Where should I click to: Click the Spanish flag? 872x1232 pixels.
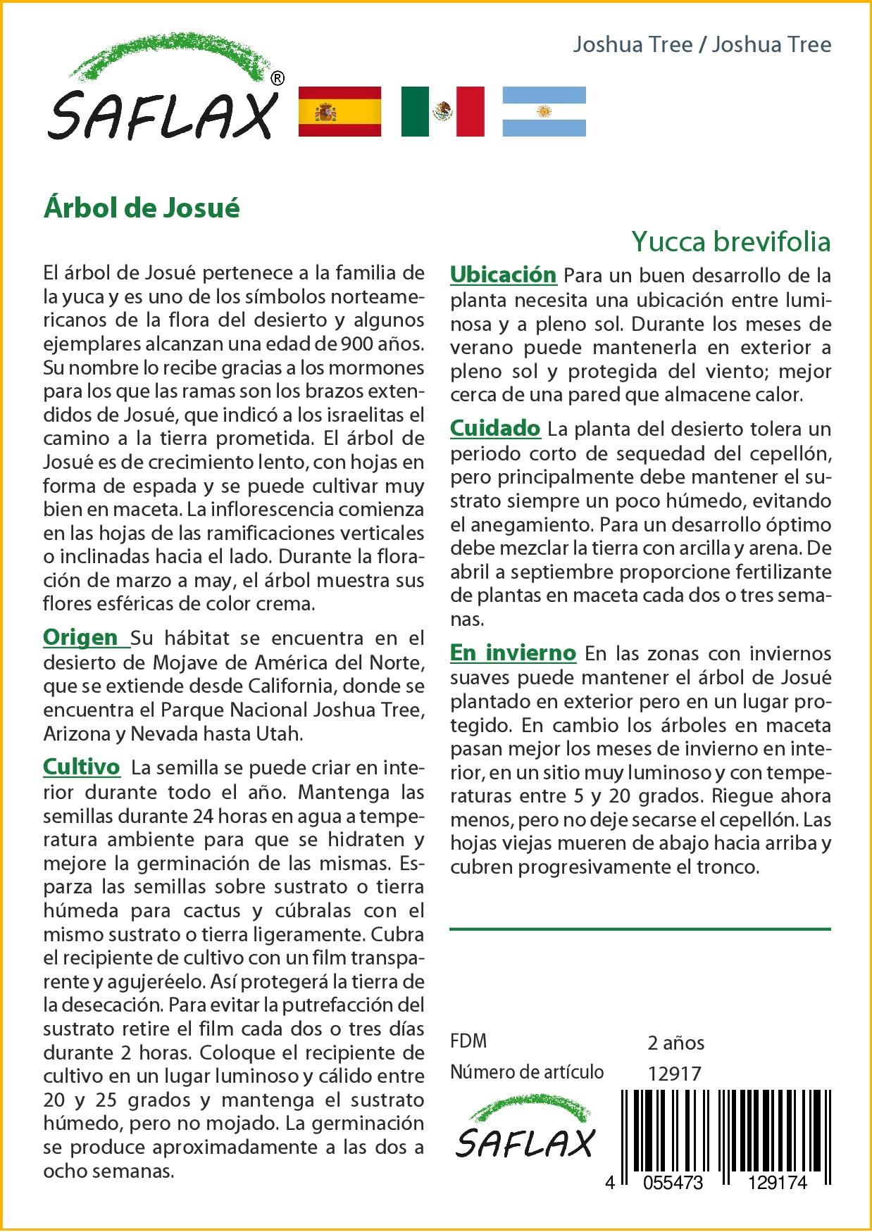340,111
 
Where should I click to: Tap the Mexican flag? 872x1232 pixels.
442,111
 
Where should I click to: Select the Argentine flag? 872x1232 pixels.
544,111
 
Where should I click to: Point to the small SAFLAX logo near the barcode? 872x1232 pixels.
525,1131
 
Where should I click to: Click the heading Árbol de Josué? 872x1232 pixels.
142,208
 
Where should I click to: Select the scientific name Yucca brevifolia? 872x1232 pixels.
730,241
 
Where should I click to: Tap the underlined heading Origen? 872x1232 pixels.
81,637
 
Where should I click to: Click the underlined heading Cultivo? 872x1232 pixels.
82,767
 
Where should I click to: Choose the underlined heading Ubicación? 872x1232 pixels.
503,275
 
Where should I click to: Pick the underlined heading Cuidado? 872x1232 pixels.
495,428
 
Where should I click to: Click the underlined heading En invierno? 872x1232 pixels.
513,653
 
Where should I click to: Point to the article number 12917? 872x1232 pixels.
674,1074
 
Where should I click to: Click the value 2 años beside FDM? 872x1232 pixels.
675,1043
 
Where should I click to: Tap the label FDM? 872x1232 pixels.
468,1041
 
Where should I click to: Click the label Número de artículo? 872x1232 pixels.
527,1072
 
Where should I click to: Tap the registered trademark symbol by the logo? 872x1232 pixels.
278,78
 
